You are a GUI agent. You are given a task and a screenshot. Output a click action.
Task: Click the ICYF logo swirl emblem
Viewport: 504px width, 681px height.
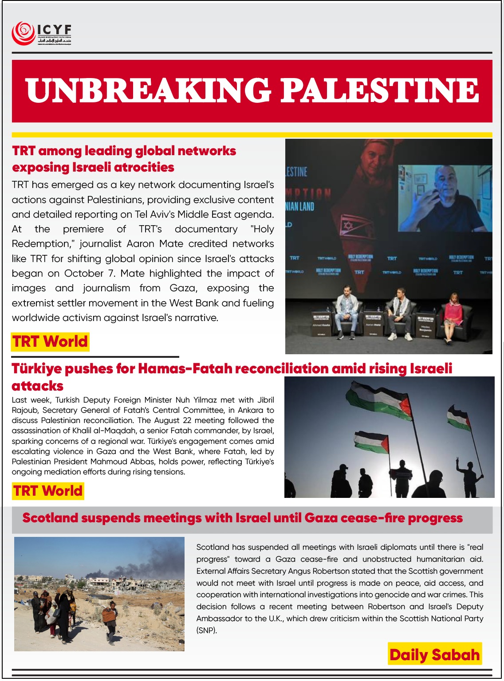point(24,33)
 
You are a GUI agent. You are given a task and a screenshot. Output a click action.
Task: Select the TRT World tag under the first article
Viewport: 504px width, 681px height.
point(50,342)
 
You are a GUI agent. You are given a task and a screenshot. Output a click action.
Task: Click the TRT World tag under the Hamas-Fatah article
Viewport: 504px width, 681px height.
point(48,491)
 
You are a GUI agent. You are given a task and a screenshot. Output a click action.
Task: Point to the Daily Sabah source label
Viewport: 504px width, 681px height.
point(434,655)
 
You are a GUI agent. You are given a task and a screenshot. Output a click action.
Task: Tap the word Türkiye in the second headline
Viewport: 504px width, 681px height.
point(36,368)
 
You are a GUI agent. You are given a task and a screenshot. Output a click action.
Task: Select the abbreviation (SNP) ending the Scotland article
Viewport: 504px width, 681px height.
point(206,630)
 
